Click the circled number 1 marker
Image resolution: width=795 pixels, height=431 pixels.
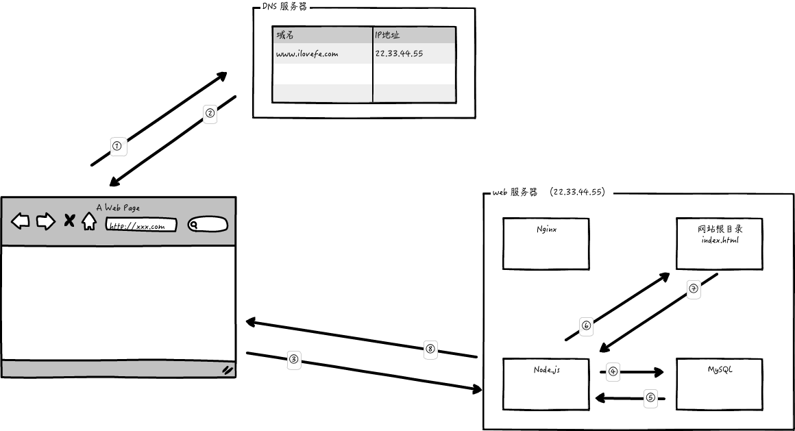pyautogui.click(x=117, y=145)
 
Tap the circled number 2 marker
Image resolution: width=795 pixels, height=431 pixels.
pyautogui.click(x=210, y=113)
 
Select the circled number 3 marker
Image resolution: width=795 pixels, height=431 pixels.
pyautogui.click(x=294, y=358)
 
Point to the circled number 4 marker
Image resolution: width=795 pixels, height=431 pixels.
pyautogui.click(x=613, y=372)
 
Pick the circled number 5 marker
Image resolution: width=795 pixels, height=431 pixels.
pyautogui.click(x=650, y=397)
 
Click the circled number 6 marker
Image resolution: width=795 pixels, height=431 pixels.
pyautogui.click(x=586, y=325)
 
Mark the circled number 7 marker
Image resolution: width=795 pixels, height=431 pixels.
pyautogui.click(x=694, y=289)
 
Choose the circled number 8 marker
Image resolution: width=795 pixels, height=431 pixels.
pyautogui.click(x=430, y=348)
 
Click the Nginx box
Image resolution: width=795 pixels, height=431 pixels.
pyautogui.click(x=546, y=243)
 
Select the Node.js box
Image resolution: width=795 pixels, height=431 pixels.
pyautogui.click(x=546, y=384)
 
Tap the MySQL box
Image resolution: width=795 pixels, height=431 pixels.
pyautogui.click(x=719, y=384)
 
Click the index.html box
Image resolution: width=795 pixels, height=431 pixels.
pyautogui.click(x=719, y=243)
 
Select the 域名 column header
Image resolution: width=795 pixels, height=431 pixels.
pyautogui.click(x=322, y=35)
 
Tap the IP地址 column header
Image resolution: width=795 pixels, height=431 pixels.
pyautogui.click(x=414, y=35)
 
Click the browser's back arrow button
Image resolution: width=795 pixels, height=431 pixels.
pyautogui.click(x=21, y=221)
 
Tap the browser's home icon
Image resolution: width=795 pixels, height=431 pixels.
pyautogui.click(x=89, y=221)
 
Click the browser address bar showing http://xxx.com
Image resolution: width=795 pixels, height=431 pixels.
pyautogui.click(x=140, y=225)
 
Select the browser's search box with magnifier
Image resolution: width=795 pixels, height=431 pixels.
pyautogui.click(x=208, y=225)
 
